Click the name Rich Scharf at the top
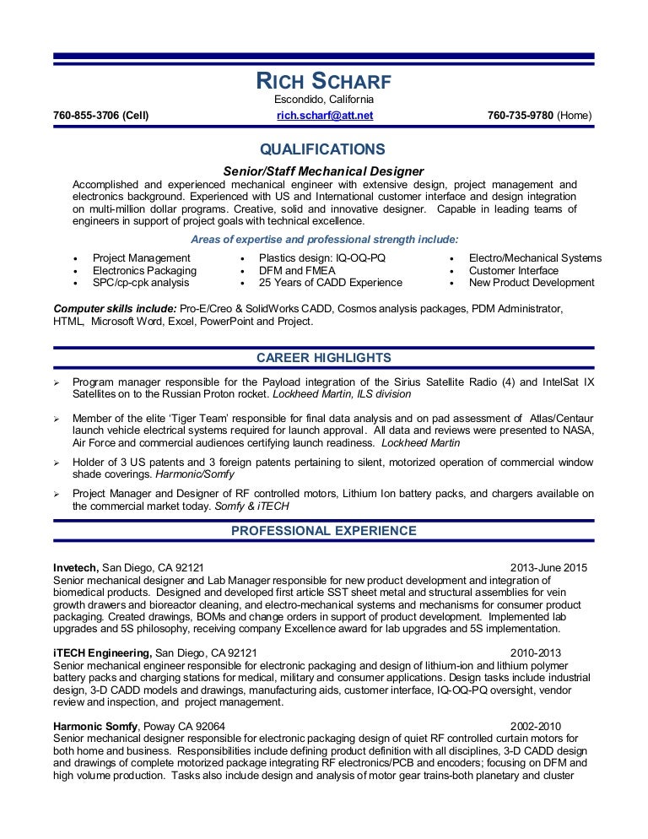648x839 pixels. tap(323, 82)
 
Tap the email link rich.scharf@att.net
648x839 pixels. tap(324, 115)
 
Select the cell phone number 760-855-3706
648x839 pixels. tap(100, 115)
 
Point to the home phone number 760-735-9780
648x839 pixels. tap(540, 115)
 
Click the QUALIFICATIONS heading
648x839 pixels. tap(322, 149)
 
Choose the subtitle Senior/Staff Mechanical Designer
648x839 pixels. tap(322, 171)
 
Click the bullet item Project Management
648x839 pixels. tap(142, 257)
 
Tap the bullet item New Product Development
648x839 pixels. tap(532, 283)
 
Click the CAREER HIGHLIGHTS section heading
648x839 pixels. tap(324, 357)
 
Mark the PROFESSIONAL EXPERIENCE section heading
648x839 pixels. tap(324, 531)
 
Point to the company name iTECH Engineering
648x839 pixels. tap(103, 652)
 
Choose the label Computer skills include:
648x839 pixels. tap(116, 309)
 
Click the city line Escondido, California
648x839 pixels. tap(324, 100)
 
